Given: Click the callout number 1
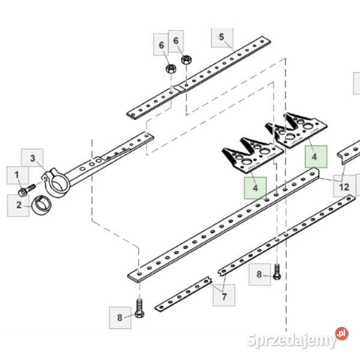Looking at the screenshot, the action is pos(17,175).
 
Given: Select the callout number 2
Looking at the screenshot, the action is pos(19,205).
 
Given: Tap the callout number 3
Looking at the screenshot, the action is pos(32,158).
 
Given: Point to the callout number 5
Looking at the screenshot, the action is pos(221,37).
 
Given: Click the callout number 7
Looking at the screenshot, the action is pos(224,297).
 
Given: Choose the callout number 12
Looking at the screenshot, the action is pos(344,187).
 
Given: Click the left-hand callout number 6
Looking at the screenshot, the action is pos(161,45).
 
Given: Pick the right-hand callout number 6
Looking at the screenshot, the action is pos(176,41).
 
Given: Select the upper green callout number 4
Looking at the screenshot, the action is pos(314,157).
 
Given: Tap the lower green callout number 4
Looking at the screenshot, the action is pos(255,188).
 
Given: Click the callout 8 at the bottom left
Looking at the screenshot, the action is pos(119,317).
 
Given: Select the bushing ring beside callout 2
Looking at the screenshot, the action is pos(41,205).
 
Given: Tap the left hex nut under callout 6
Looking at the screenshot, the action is pos(171,68).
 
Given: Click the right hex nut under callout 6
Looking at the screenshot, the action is pos(187,60).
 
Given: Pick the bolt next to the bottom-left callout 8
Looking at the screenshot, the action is pos(139,308).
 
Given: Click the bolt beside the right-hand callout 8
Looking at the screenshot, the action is pos(277,272).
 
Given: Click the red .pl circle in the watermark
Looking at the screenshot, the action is pos(341,334).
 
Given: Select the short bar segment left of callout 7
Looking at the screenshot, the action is pos(183,294).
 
